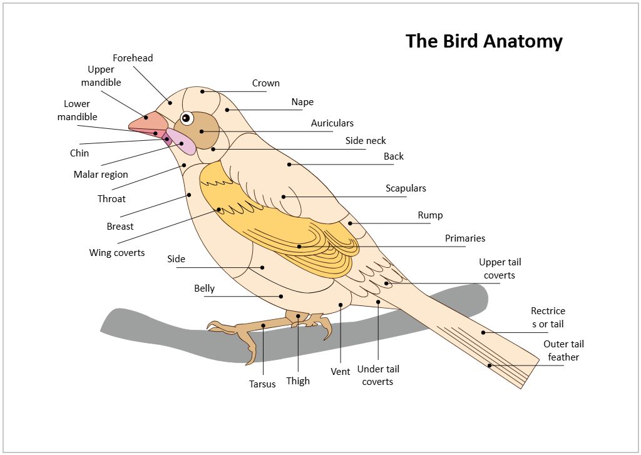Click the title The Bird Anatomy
pos(484,41)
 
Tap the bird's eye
pos(187,118)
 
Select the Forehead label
pos(133,58)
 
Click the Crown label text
pos(265,83)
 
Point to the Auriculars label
pos(332,123)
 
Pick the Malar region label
pos(101,175)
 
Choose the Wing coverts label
pos(117,253)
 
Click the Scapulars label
pos(406,188)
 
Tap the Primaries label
pos(465,238)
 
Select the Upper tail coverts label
pos(500,268)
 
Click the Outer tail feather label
pos(563,350)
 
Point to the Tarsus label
pos(262,384)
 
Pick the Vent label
pos(340,372)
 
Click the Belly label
pos(205,289)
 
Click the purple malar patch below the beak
pos(182,141)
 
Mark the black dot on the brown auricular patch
pos(202,131)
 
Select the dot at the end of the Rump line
pos(351,223)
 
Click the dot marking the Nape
pos(227,110)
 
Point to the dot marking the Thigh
pos(299,316)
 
